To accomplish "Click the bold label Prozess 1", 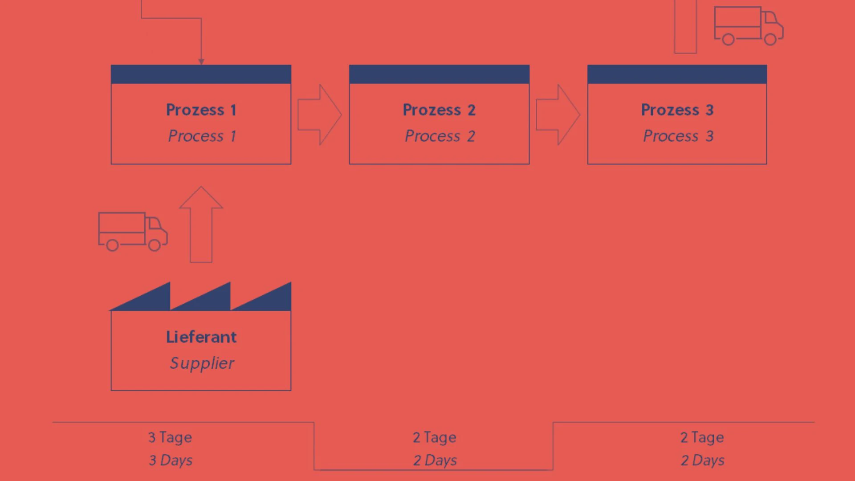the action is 201,110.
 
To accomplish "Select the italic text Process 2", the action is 440,136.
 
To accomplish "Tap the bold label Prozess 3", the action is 677,110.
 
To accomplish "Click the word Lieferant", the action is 201,337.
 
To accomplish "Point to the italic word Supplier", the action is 202,363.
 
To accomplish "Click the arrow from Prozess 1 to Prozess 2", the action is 320,114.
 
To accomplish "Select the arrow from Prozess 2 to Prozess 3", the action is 558,114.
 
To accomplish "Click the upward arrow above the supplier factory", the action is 201,224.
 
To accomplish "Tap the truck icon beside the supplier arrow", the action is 133,232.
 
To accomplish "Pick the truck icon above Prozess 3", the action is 749,26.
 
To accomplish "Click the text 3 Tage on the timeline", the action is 170,437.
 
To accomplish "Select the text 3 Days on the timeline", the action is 171,460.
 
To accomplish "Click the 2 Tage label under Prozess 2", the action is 435,437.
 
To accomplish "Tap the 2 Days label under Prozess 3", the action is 702,460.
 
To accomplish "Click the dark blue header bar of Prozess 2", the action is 439,74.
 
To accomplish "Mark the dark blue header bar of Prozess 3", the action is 677,74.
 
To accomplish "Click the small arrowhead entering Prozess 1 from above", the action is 201,62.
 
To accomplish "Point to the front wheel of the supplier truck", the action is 154,245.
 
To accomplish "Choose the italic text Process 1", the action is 202,136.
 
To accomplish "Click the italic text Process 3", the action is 678,136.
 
